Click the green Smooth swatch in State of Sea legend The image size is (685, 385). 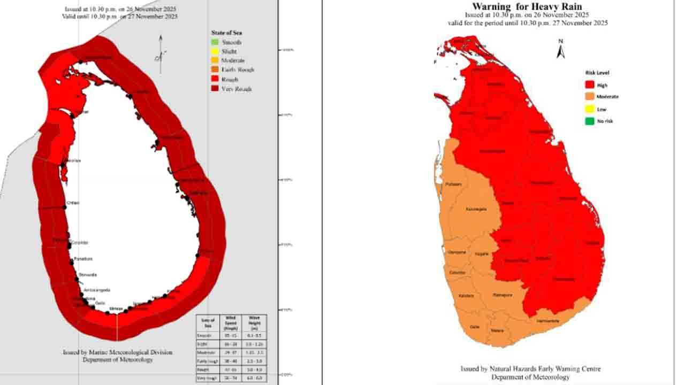[x=215, y=42]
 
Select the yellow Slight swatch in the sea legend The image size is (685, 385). [x=215, y=51]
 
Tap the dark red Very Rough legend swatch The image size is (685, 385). [x=215, y=89]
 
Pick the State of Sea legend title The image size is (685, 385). [x=226, y=33]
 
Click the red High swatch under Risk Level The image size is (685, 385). [x=589, y=85]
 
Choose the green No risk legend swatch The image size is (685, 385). [x=589, y=121]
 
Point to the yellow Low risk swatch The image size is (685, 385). [x=589, y=109]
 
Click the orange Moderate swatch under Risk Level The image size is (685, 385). [x=589, y=97]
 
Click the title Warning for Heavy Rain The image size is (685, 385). [x=527, y=6]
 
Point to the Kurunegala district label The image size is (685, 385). [x=476, y=209]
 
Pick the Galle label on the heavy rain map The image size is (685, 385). [x=474, y=327]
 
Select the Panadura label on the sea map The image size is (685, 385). [x=83, y=259]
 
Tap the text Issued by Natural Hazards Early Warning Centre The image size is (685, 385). [x=530, y=369]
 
